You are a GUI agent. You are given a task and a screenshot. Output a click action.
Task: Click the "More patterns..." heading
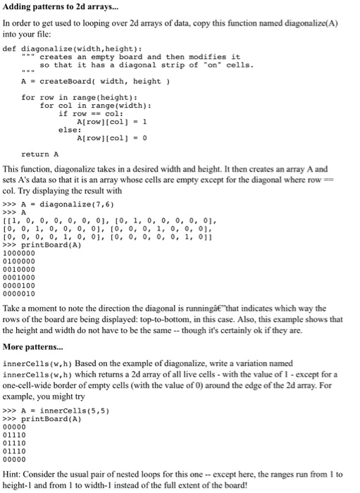pyautogui.click(x=35, y=347)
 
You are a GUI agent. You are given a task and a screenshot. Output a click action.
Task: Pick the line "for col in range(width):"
pyautogui.click(x=96, y=106)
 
